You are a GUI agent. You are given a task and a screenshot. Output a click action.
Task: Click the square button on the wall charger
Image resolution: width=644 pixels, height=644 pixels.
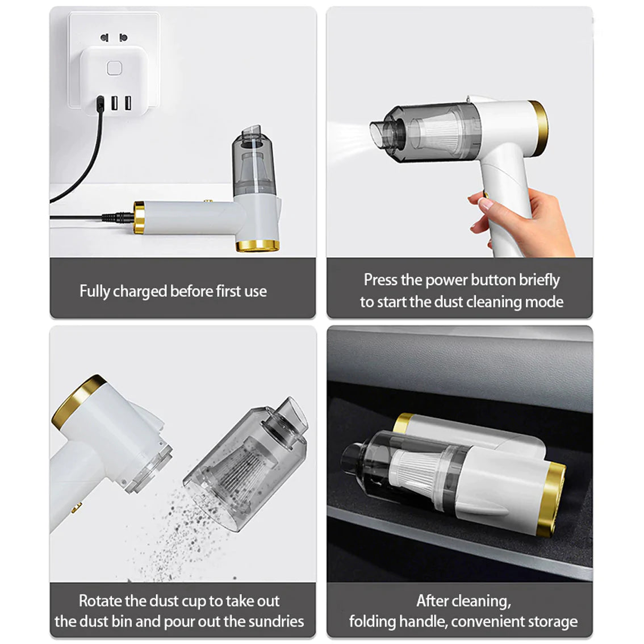click(114, 69)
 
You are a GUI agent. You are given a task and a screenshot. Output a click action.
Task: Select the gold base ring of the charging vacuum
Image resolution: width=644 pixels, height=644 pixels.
click(257, 245)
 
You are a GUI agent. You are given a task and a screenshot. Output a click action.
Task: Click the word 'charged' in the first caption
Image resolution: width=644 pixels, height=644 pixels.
click(140, 291)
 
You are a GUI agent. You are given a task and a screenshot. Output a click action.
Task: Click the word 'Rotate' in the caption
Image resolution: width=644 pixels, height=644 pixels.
click(100, 601)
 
